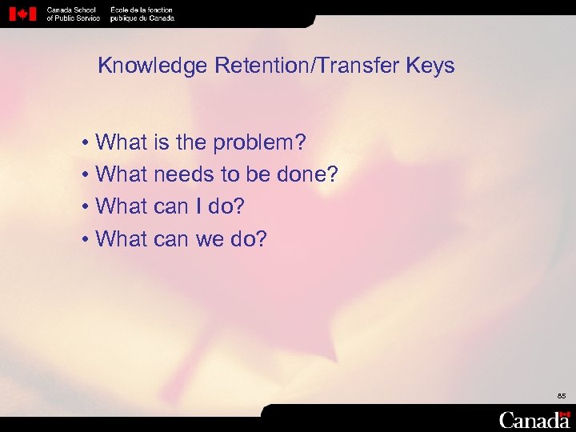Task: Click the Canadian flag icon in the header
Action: tap(22, 14)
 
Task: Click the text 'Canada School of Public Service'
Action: tap(73, 14)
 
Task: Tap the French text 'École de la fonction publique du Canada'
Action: tap(142, 14)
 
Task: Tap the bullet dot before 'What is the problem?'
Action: tap(84, 144)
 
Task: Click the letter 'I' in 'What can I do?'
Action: tap(196, 206)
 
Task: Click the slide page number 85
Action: tap(562, 396)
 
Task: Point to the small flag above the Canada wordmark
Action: tap(566, 414)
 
